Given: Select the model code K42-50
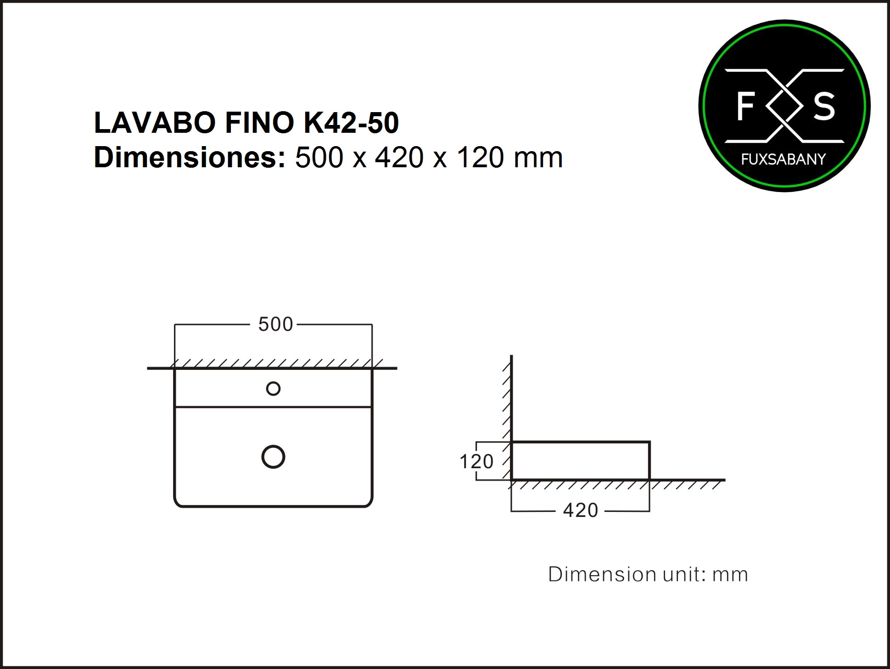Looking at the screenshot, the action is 352,123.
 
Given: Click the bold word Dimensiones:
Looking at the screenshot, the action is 190,158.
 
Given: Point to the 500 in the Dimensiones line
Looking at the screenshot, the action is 319,158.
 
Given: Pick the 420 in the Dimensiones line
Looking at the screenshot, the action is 399,158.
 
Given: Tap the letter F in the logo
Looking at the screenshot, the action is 746,106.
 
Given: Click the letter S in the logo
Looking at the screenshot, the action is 824,106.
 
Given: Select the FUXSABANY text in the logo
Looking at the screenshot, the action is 784,159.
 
